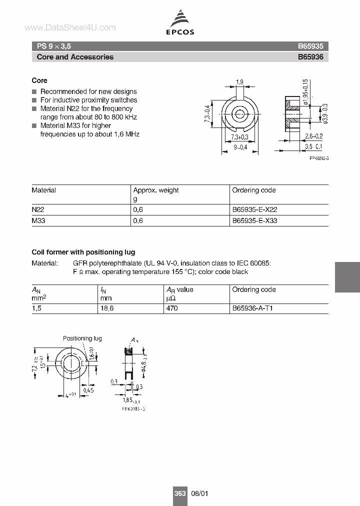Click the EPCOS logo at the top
pyautogui.click(x=180, y=23)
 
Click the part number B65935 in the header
pyautogui.click(x=310, y=46)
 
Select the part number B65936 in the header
pyautogui.click(x=310, y=57)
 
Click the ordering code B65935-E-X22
pyautogui.click(x=254, y=210)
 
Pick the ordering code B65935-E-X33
pyautogui.click(x=254, y=220)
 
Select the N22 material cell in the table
pyautogui.click(x=38, y=210)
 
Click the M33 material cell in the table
pyautogui.click(x=38, y=220)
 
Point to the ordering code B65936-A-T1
pyautogui.click(x=252, y=308)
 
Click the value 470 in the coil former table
pyautogui.click(x=172, y=308)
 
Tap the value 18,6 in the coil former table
pyautogui.click(x=107, y=308)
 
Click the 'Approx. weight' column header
pyautogui.click(x=155, y=190)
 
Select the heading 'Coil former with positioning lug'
pyautogui.click(x=83, y=252)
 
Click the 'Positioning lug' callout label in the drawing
pyautogui.click(x=82, y=338)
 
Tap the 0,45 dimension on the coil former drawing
pyautogui.click(x=89, y=390)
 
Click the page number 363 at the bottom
pyautogui.click(x=180, y=493)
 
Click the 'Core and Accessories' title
pyautogui.click(x=75, y=57)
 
